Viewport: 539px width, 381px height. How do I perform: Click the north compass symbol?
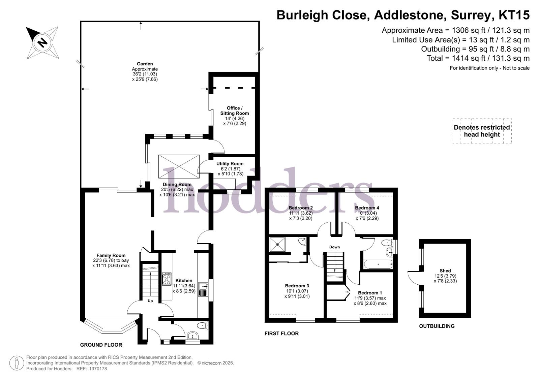42,42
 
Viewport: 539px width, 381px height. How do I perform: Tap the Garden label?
145,64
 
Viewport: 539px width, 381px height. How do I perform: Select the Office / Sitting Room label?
234,110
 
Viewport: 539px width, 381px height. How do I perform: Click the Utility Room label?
230,164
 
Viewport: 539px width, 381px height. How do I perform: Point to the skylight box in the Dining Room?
179,166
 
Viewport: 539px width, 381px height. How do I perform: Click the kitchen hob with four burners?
167,279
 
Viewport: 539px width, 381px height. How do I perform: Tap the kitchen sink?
203,290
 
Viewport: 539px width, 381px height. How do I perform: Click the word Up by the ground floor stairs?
150,301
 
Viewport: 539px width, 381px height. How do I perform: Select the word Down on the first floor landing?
334,247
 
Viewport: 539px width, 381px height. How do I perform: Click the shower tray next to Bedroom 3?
277,245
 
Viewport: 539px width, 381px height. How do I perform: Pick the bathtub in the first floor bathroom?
378,264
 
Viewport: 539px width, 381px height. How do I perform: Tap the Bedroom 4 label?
367,208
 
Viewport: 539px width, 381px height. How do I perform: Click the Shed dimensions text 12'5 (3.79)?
445,276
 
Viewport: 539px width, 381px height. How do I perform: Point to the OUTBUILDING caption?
437,326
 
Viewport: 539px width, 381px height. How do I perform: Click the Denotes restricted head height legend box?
482,131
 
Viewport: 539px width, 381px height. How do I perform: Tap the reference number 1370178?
98,369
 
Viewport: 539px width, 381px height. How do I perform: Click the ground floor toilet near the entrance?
203,326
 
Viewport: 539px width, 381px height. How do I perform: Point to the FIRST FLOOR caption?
281,334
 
